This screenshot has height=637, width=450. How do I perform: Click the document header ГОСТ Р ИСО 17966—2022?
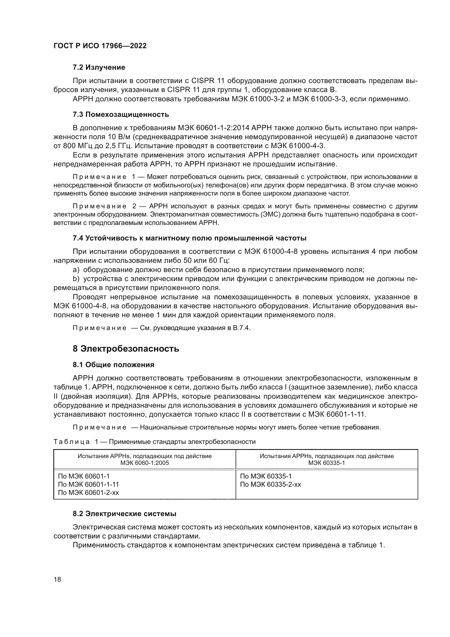pyautogui.click(x=100, y=46)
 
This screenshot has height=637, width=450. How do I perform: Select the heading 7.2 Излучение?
pyautogui.click(x=99, y=68)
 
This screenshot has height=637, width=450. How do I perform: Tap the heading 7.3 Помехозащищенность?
pyautogui.click(x=121, y=114)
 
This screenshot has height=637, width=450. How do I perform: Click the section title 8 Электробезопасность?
pyautogui.click(x=126, y=349)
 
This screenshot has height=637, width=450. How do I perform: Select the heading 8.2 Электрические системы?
pyautogui.click(x=124, y=514)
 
